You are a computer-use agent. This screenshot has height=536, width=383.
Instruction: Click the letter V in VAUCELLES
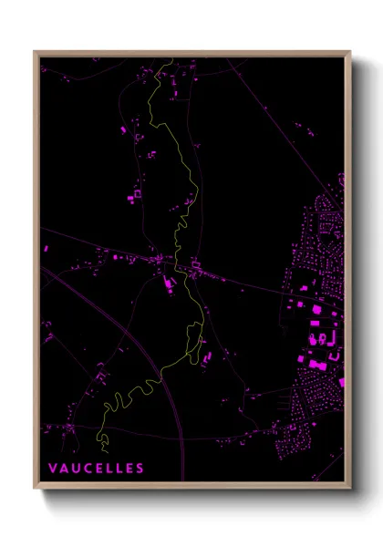pyautogui.click(x=53, y=469)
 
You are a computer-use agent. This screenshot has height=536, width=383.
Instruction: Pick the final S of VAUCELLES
pyautogui.click(x=140, y=469)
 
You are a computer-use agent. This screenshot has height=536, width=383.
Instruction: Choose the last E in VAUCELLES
pyautogui.click(x=129, y=469)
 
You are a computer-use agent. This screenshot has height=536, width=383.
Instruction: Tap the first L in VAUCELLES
pyautogui.click(x=109, y=469)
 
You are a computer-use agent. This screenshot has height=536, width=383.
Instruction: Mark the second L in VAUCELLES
pyautogui.click(x=119, y=469)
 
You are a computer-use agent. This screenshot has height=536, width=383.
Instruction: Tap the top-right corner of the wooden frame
pyautogui.click(x=350, y=52)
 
